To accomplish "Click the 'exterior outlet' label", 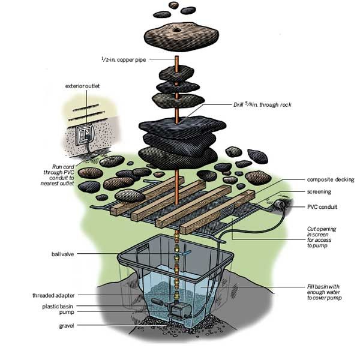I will pos(83,86).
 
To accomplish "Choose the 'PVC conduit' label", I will pos(320,207).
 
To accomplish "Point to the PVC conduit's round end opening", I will pos(280,206).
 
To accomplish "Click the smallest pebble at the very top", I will pos(175,5).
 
